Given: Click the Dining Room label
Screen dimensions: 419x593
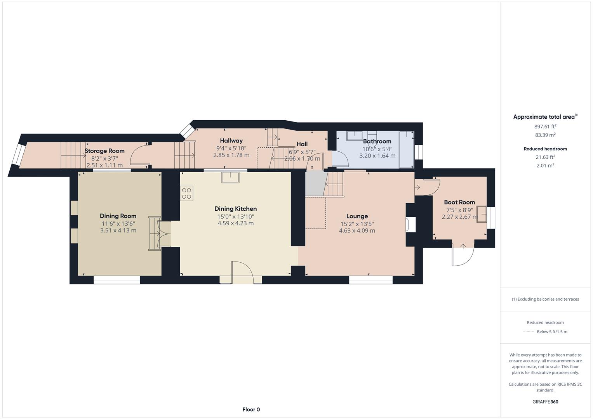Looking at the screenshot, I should tap(118, 216).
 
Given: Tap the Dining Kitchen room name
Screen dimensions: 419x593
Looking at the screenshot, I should tap(235, 209).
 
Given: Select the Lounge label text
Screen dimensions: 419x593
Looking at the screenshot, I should tap(357, 216).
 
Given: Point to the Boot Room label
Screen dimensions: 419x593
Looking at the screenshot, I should tap(459, 202).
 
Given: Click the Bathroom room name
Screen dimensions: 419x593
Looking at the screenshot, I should tap(377, 141).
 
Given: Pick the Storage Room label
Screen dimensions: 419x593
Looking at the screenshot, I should tap(104, 151).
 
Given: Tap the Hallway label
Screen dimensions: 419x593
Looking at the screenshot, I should tap(231, 140).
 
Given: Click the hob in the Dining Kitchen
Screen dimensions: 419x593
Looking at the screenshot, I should tap(186, 193).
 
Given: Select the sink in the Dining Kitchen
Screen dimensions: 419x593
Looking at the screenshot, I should tap(230, 177).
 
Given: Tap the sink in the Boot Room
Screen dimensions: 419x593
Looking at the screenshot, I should tap(482, 214).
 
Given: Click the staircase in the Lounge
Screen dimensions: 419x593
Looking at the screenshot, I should tap(335, 184).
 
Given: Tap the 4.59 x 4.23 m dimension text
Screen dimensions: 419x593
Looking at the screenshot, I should tap(235, 223).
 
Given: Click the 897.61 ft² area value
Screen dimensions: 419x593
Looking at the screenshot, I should tap(545, 126).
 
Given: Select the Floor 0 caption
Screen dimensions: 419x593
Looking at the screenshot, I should tap(251, 409).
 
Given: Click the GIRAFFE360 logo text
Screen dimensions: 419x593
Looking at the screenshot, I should tap(545, 402).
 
